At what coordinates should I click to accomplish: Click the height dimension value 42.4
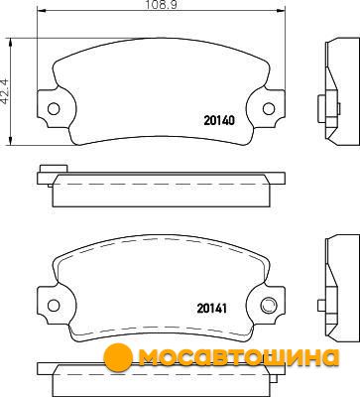point(6,91)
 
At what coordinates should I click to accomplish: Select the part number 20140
point(219,120)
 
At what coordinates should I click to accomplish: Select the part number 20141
point(212,309)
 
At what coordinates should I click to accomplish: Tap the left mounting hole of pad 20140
point(54,108)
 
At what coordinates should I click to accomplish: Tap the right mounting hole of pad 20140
point(269,108)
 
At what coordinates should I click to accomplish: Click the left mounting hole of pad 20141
point(54,306)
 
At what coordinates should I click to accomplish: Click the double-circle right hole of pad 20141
point(268,305)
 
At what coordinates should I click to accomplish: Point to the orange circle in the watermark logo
point(118,357)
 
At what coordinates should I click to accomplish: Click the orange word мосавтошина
point(239,357)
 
